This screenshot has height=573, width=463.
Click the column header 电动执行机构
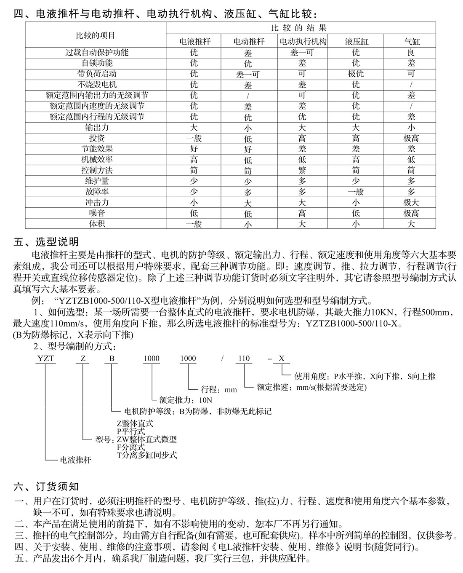(x=303, y=41)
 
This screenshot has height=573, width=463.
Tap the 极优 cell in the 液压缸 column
(x=356, y=74)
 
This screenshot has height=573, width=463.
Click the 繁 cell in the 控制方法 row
(x=302, y=170)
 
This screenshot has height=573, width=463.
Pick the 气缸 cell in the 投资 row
(x=411, y=138)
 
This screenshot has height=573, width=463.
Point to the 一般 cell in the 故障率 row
(x=356, y=192)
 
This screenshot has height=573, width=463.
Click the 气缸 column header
(x=412, y=41)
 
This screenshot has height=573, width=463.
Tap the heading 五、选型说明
(x=46, y=242)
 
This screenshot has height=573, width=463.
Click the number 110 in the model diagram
(x=244, y=359)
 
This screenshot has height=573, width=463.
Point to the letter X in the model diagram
(x=282, y=359)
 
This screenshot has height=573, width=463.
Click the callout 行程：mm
(x=219, y=390)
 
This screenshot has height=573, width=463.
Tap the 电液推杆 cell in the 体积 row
(x=194, y=224)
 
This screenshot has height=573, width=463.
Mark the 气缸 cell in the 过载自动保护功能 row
(x=411, y=52)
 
